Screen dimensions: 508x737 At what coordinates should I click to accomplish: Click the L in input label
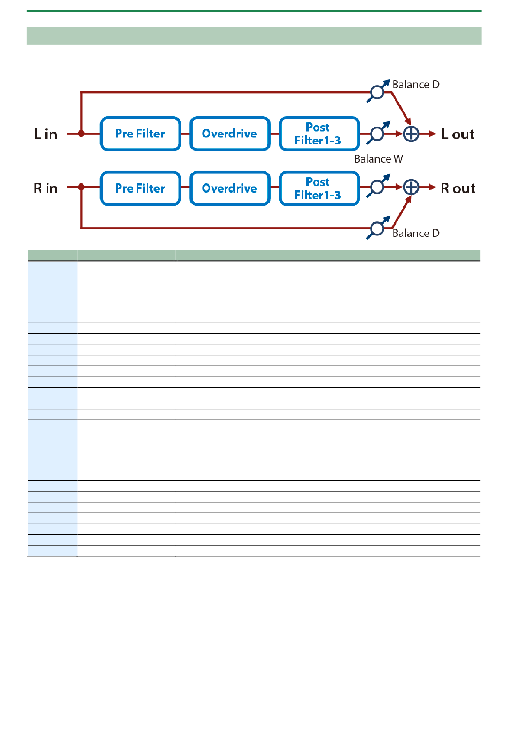[x=45, y=134]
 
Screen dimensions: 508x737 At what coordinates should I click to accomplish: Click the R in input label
[x=45, y=189]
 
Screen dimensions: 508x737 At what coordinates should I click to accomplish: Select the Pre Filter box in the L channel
[x=140, y=134]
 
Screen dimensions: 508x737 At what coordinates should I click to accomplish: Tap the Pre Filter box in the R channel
[x=140, y=188]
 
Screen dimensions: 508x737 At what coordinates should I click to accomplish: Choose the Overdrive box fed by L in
[x=229, y=134]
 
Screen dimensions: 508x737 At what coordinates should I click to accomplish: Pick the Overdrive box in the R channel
[x=229, y=188]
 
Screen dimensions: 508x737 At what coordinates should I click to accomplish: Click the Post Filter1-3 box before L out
[x=319, y=134]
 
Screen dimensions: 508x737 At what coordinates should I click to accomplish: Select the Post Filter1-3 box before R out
[x=319, y=188]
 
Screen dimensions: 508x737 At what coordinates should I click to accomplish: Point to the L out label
[x=458, y=134]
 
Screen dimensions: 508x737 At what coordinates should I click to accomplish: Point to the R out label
[x=458, y=189]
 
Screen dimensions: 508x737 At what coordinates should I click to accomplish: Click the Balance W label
[x=379, y=159]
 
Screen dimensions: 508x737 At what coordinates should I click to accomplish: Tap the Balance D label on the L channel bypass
[x=415, y=85]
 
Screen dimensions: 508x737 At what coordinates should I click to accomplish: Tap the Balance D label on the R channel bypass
[x=415, y=233]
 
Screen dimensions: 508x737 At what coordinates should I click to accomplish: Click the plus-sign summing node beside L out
[x=411, y=134]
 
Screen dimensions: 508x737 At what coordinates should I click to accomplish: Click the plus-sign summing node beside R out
[x=411, y=187]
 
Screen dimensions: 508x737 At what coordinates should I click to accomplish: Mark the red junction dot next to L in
[x=81, y=134]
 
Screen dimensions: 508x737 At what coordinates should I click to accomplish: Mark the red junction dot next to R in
[x=81, y=187]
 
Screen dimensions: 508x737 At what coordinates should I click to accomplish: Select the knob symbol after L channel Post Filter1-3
[x=378, y=133]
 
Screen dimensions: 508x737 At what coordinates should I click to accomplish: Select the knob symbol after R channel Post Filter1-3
[x=378, y=187]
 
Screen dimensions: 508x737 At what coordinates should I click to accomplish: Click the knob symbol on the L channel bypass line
[x=377, y=92]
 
